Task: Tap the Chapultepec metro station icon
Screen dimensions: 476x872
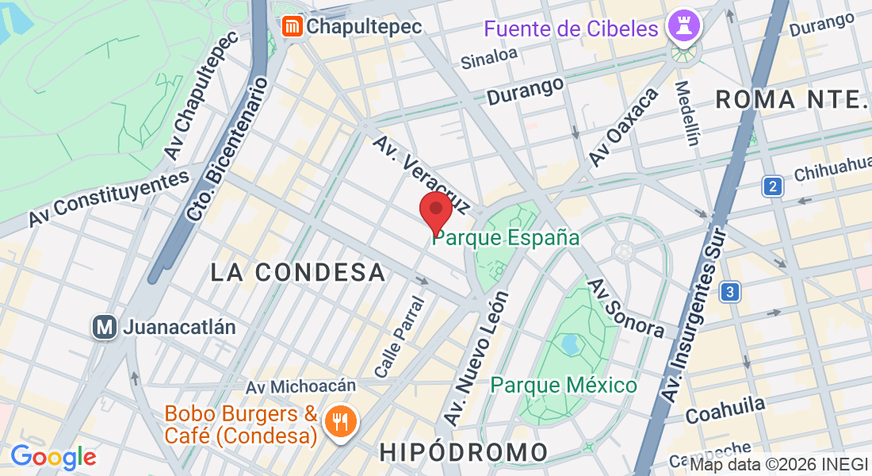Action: tap(293, 26)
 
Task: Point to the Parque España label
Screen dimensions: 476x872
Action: tap(506, 237)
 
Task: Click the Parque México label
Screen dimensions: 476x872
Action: tap(564, 386)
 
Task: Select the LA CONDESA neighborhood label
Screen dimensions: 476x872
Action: tap(298, 272)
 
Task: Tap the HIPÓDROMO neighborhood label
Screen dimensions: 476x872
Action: tap(464, 452)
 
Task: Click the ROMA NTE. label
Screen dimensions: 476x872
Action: tap(793, 99)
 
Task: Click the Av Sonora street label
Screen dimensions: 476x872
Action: tap(625, 307)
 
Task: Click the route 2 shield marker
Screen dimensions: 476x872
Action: tap(773, 186)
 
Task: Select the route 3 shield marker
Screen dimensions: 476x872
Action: tap(730, 292)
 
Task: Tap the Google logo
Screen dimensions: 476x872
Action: tap(53, 457)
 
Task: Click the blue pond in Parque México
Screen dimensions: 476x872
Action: tap(568, 344)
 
